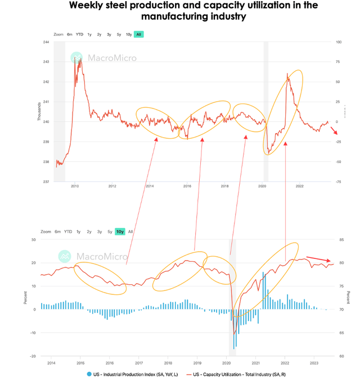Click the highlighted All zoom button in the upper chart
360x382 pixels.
[138, 34]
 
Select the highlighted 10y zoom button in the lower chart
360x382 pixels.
[120, 231]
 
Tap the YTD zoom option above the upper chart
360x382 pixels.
[79, 34]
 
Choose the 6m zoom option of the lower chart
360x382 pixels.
[57, 231]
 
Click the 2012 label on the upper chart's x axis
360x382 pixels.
[112, 186]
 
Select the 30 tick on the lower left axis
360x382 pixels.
[33, 239]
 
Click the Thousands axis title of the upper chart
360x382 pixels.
[39, 112]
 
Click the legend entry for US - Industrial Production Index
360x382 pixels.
[129, 374]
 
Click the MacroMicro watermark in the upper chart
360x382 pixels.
[104, 58]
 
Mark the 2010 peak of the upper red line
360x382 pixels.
[76, 57]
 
